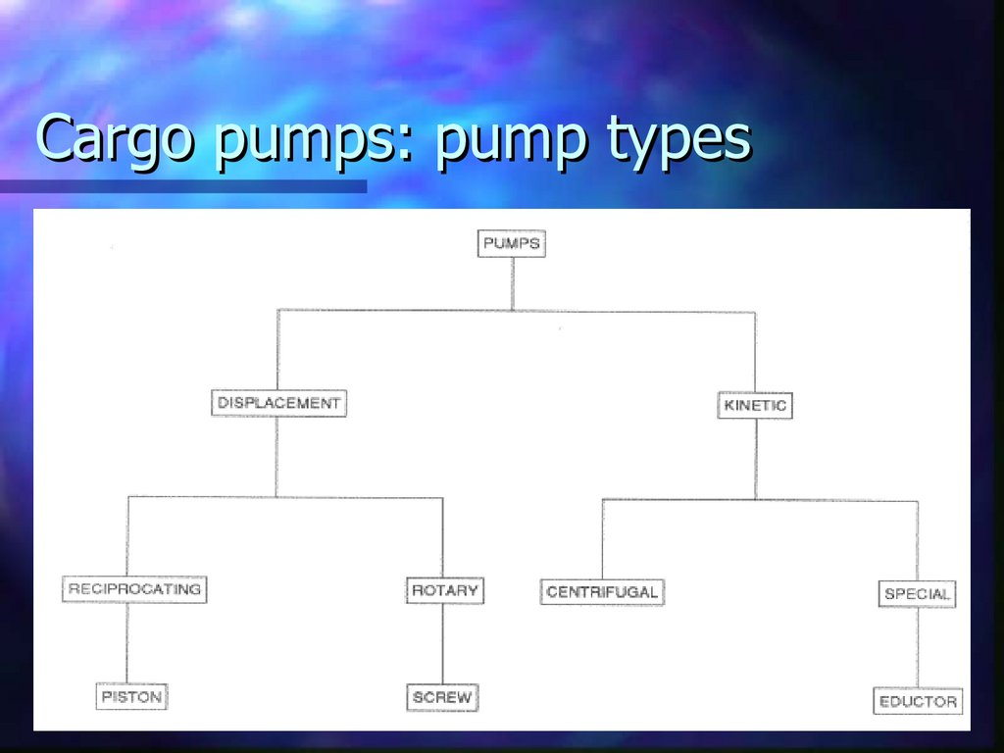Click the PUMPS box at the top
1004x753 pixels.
coord(512,243)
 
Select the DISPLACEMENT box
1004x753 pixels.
coord(278,403)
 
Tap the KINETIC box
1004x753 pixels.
coord(754,405)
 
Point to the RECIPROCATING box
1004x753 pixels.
coord(135,589)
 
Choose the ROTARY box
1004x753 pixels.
coord(444,590)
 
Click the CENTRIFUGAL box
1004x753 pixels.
coord(602,592)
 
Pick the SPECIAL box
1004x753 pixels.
coord(917,594)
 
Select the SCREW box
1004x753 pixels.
coord(442,698)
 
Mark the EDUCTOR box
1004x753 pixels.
coord(918,702)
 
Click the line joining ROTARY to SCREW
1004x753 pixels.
coord(442,644)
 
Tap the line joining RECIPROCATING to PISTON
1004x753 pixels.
coord(127,642)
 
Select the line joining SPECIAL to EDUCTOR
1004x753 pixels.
coord(918,648)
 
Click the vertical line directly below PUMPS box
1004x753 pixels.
coord(512,283)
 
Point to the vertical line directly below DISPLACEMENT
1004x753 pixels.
coord(276,456)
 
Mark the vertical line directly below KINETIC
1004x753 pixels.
coord(754,459)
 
